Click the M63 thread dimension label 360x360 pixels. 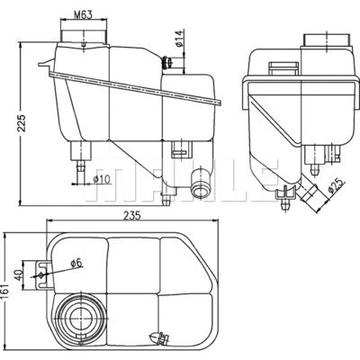click(x=83, y=14)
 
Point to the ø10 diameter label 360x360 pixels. click(x=103, y=176)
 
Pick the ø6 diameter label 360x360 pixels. click(x=77, y=262)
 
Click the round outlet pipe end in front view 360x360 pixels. click(x=201, y=186)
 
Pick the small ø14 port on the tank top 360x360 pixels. click(x=167, y=63)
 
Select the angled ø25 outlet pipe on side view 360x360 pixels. click(x=308, y=191)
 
